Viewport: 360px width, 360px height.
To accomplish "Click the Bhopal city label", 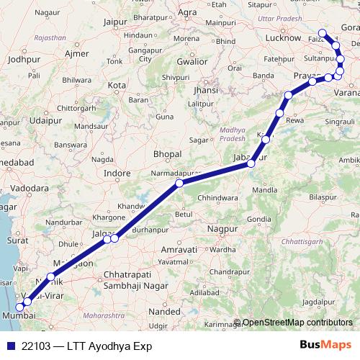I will pos(166,154).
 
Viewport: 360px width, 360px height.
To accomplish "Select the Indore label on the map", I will pos(117,173).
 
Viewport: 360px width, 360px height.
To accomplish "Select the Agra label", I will pos(188,12).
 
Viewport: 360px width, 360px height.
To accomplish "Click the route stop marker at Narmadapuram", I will pos(179,184).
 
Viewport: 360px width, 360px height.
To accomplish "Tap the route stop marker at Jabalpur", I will pos(251,164).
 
